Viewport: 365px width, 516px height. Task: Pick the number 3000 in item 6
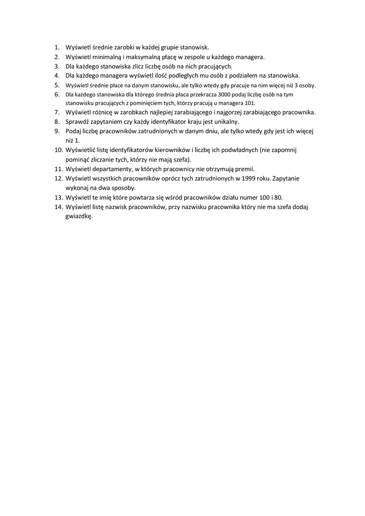(226, 94)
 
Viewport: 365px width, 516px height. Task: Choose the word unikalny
(225, 122)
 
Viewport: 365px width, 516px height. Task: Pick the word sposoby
(123, 187)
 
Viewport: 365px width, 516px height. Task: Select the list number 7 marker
(57, 112)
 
